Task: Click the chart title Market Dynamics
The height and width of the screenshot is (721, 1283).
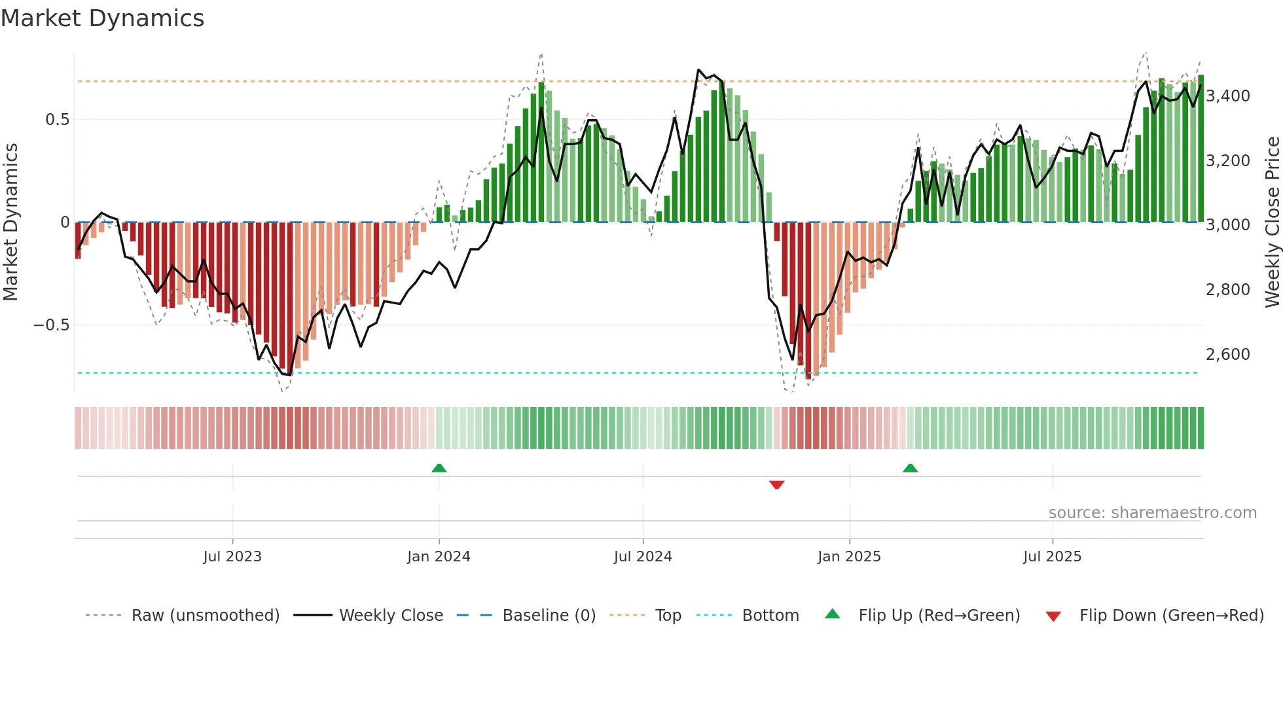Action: coord(102,18)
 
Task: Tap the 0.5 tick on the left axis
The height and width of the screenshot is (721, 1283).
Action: coord(57,120)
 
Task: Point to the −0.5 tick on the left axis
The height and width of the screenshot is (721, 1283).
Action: coord(51,325)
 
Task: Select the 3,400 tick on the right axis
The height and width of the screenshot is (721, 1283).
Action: coord(1228,96)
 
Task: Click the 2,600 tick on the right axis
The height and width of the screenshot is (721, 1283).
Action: coord(1228,355)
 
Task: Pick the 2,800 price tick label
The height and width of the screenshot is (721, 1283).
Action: coord(1228,290)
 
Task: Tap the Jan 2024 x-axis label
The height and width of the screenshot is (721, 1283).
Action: coord(439,557)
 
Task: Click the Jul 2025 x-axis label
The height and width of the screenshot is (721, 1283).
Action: coord(1052,557)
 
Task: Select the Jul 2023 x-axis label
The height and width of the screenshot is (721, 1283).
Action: coord(232,557)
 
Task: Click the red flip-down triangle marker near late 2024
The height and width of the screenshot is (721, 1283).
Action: coord(777,485)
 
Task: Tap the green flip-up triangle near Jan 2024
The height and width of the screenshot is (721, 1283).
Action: coord(439,468)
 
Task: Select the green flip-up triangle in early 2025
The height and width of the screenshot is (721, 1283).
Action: coord(910,468)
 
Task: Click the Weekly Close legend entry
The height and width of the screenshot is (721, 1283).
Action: coord(391,616)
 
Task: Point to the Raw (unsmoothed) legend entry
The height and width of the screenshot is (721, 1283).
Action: coord(205,616)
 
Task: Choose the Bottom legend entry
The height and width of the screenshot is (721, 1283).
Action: coord(770,616)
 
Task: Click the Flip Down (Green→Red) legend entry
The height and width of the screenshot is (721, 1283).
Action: coord(1171,616)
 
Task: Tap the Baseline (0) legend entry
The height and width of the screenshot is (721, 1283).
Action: coord(549,616)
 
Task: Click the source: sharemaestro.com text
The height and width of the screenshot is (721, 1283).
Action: coord(1152,513)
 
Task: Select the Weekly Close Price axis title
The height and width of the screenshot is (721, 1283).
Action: coord(1272,222)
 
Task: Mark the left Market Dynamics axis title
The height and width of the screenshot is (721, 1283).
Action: coord(10,222)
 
